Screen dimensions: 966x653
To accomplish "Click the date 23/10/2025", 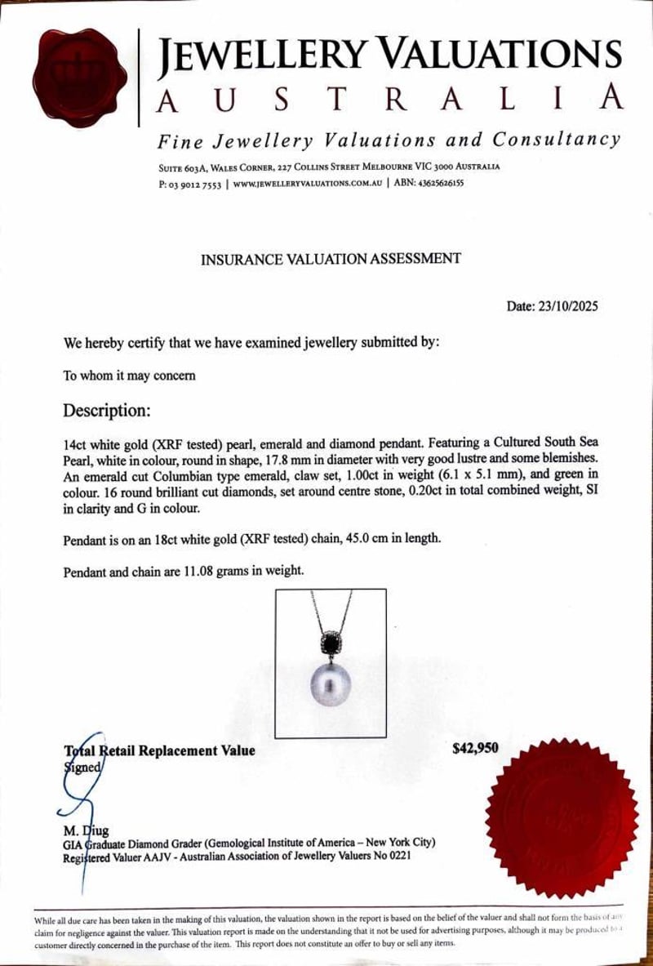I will pyautogui.click(x=566, y=307).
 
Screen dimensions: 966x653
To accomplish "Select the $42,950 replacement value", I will pyautogui.click(x=475, y=747).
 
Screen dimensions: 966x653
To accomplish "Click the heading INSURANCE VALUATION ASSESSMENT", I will pyautogui.click(x=331, y=259).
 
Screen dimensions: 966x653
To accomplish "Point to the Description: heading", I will pyautogui.click(x=107, y=409).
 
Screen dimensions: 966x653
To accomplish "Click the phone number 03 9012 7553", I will pyautogui.click(x=195, y=184).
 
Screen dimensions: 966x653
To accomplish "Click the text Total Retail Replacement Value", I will pyautogui.click(x=160, y=750).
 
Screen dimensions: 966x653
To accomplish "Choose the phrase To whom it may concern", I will pyautogui.click(x=129, y=376).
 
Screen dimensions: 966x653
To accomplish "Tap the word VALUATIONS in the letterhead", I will pyautogui.click(x=500, y=55).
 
